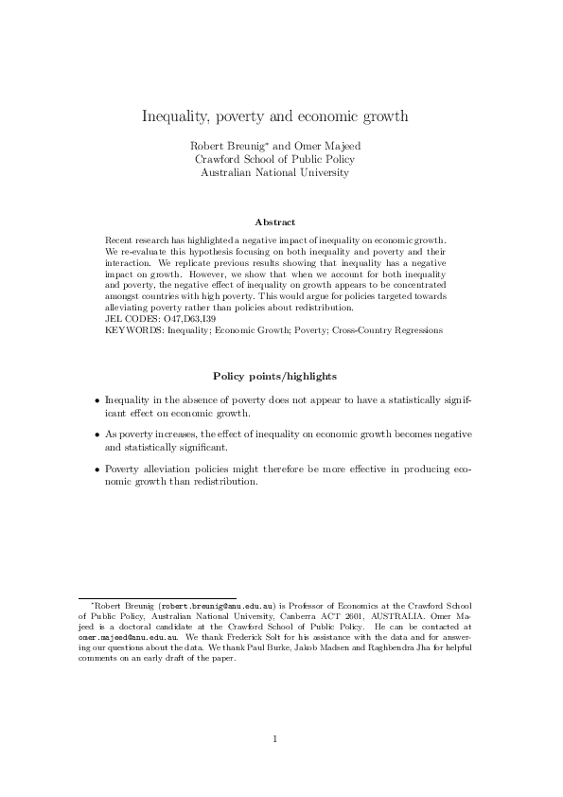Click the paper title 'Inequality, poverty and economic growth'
(x=274, y=117)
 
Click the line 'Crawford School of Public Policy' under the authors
(x=274, y=160)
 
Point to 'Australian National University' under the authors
(x=274, y=173)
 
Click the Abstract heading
(x=274, y=221)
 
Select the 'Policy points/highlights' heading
(x=274, y=376)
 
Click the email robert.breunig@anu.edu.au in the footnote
(x=218, y=603)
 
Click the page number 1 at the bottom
(x=274, y=739)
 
